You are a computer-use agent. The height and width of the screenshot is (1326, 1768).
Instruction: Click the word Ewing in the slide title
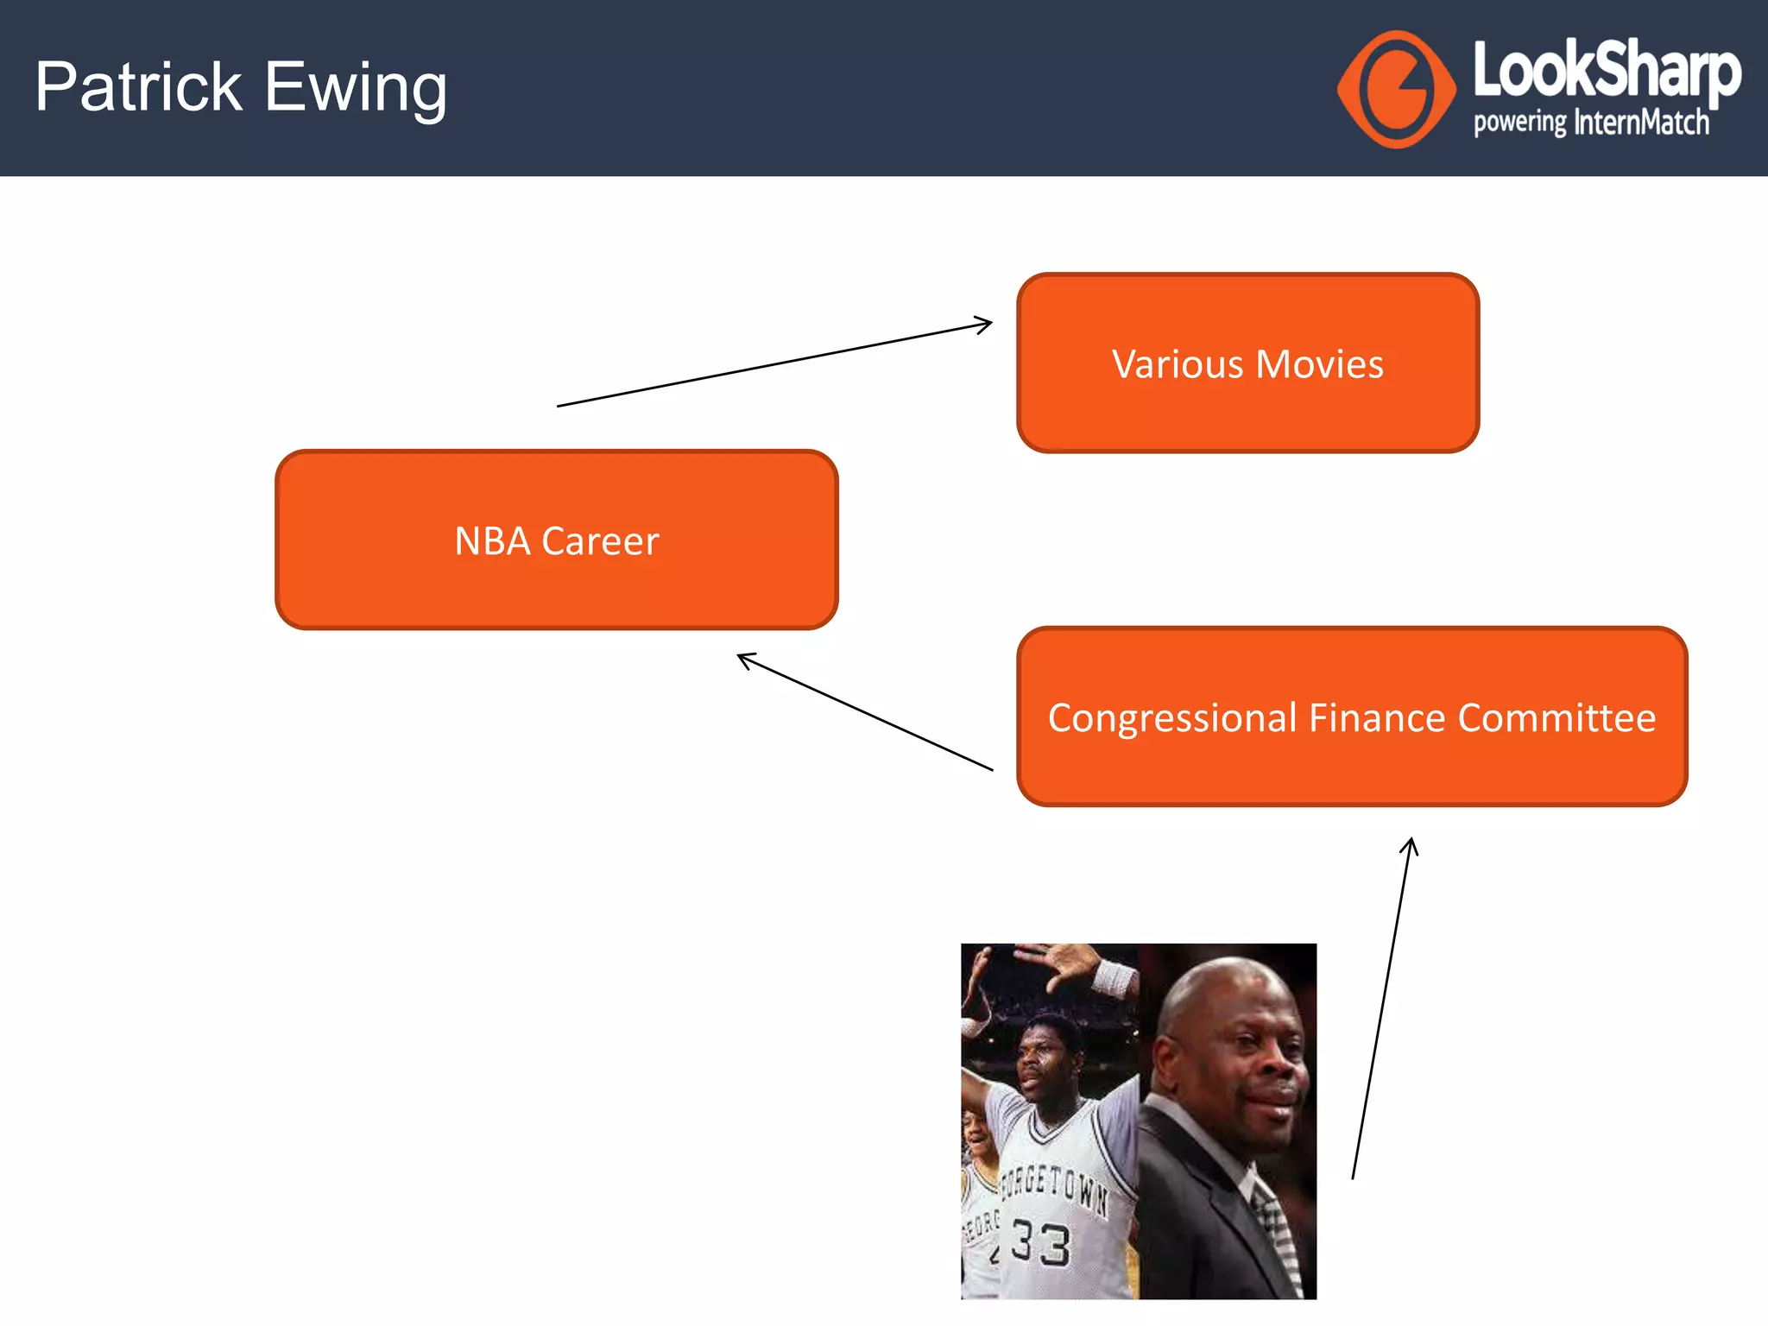point(356,89)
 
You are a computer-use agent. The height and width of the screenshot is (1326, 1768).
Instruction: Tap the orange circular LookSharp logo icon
point(1397,90)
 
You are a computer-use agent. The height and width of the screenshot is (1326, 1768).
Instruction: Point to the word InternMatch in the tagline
point(1641,123)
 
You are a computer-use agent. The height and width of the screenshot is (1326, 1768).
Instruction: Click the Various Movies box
point(1247,363)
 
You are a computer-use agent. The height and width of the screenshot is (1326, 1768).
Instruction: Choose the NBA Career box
point(557,540)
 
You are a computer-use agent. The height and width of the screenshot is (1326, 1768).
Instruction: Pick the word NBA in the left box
point(492,541)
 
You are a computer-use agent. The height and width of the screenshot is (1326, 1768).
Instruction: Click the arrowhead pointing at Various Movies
point(984,325)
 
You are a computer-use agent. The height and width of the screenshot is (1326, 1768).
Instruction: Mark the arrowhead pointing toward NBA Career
point(745,659)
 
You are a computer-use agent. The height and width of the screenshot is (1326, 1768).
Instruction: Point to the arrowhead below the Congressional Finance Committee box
point(1410,845)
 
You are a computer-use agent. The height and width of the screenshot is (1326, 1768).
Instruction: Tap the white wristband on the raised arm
point(1114,980)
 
